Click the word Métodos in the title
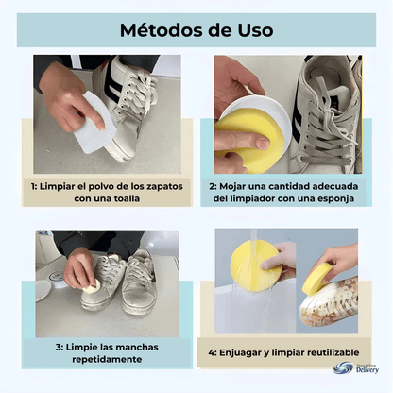161,30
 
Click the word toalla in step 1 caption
126,198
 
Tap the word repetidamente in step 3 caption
107,359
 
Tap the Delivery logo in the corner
356,367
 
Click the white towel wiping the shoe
94,123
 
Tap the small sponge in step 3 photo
93,287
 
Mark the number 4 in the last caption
212,353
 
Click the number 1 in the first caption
33,186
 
